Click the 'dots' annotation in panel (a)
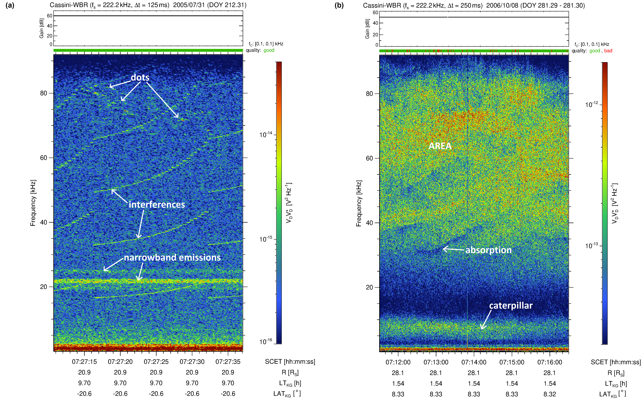[x=140, y=78]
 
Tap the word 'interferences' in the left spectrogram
[x=157, y=205]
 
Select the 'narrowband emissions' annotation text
[x=172, y=258]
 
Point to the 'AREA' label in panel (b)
[x=440, y=146]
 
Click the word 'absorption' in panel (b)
[x=488, y=250]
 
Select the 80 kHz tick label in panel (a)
[x=43, y=93]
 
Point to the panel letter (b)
[x=339, y=5]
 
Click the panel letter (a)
[x=10, y=5]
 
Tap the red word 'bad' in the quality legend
[x=608, y=51]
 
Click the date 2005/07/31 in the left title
[x=189, y=5]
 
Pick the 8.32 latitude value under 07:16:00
[x=549, y=394]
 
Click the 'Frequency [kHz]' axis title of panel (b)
[x=359, y=203]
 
